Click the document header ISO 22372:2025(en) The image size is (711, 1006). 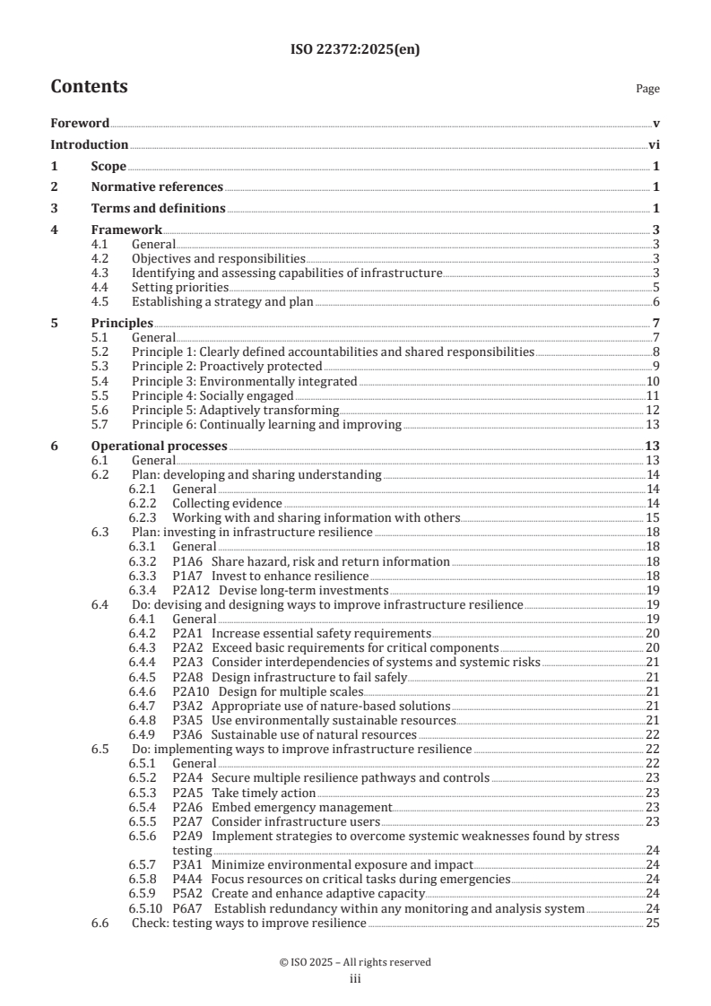pyautogui.click(x=355, y=50)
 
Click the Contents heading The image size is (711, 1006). pyautogui.click(x=89, y=87)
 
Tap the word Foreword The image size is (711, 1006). pyautogui.click(x=80, y=123)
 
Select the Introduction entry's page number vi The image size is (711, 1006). pyautogui.click(x=654, y=144)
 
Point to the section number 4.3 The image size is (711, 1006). pyautogui.click(x=101, y=273)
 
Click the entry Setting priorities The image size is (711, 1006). pyautogui.click(x=179, y=287)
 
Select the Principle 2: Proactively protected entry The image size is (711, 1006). pyautogui.click(x=227, y=366)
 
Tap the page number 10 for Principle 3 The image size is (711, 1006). pyautogui.click(x=653, y=381)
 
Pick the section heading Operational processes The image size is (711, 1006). pyautogui.click(x=160, y=446)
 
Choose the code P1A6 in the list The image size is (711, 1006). pyautogui.click(x=187, y=561)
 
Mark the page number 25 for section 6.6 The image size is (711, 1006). pyautogui.click(x=653, y=923)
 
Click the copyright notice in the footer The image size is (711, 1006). pyautogui.click(x=355, y=962)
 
